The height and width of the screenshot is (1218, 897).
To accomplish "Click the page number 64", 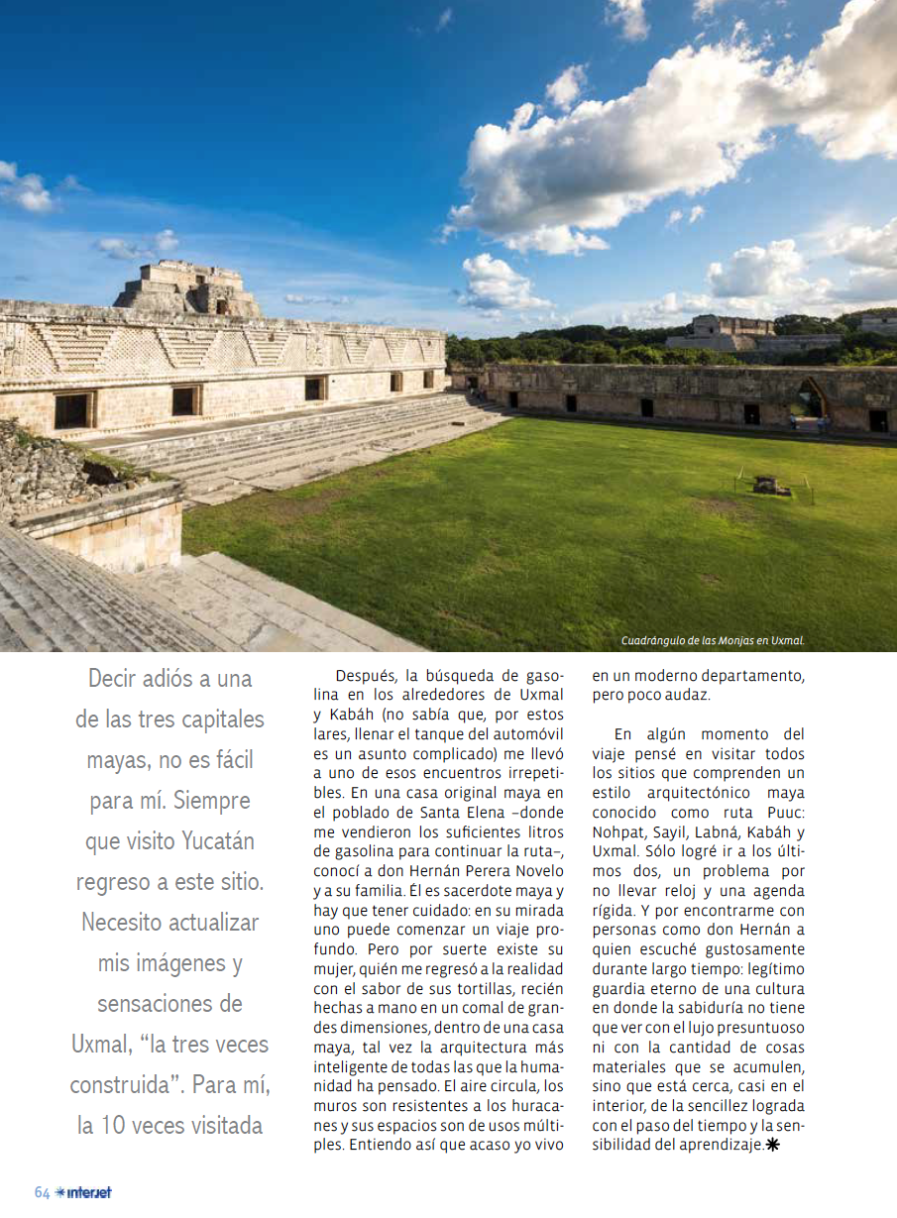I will click(x=42, y=1192).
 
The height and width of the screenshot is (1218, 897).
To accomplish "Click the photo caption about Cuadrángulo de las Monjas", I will click(x=713, y=640).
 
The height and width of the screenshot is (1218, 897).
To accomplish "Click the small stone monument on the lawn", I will click(x=765, y=485).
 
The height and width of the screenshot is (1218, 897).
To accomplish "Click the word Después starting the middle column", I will click(x=365, y=676).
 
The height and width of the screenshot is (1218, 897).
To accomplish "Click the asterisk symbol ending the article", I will click(x=773, y=1145).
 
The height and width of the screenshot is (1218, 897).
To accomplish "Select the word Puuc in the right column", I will click(x=783, y=812).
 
